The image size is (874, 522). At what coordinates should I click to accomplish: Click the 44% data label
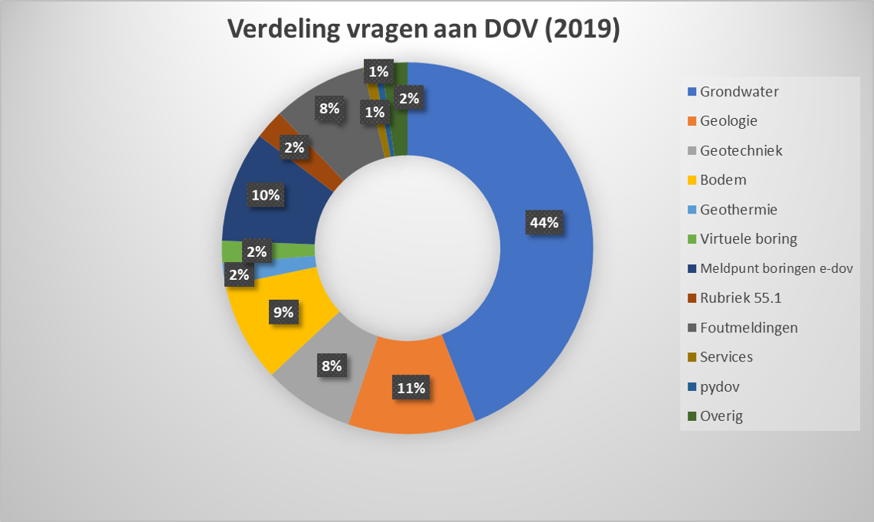(x=544, y=223)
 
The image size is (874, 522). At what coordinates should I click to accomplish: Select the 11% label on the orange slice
(x=411, y=388)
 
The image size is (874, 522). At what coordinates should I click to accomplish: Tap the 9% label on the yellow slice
(x=283, y=312)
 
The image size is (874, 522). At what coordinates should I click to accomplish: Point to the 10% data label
(x=265, y=195)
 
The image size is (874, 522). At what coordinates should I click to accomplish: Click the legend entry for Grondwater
(x=738, y=92)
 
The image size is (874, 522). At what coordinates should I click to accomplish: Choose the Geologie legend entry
(x=728, y=121)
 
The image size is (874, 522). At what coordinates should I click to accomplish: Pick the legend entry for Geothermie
(x=738, y=210)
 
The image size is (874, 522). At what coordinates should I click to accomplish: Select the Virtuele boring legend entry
(x=748, y=239)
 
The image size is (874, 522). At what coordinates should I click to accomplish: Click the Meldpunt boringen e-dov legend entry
(x=775, y=268)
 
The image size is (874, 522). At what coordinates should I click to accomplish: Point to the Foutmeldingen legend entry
(x=748, y=328)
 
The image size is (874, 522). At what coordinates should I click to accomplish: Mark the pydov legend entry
(x=719, y=387)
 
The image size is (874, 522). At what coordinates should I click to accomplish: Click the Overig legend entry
(x=721, y=416)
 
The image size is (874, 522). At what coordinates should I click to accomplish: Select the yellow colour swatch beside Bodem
(x=691, y=180)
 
